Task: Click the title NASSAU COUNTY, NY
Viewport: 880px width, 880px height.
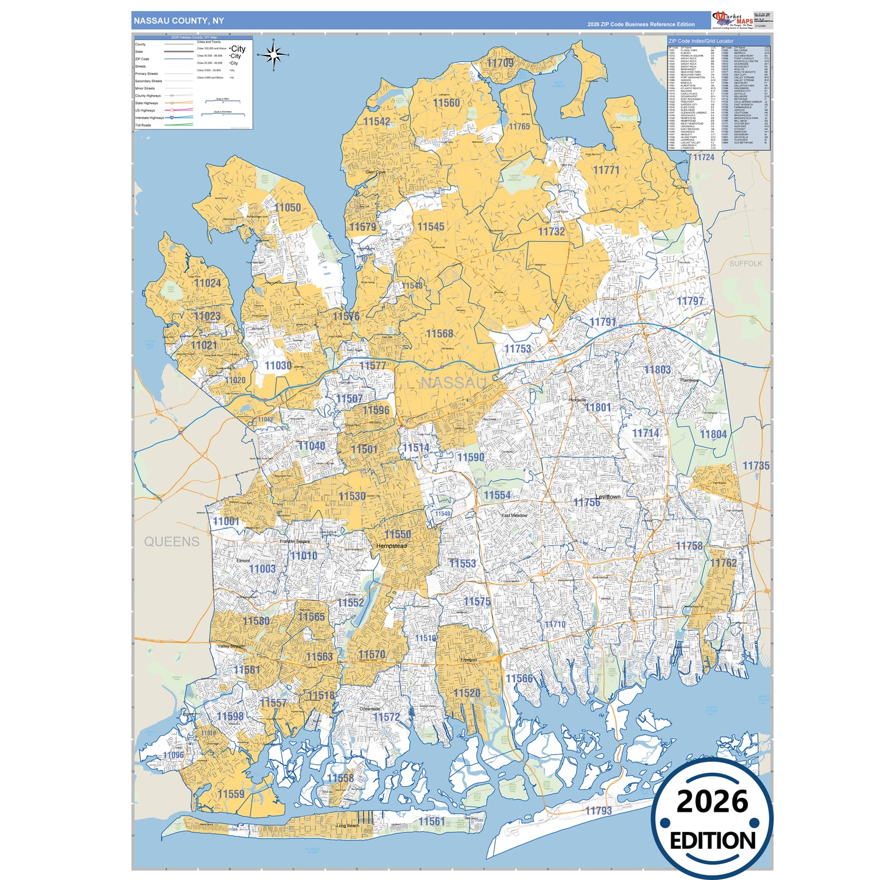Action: coord(178,21)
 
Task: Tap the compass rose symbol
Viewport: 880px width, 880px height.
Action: coord(273,55)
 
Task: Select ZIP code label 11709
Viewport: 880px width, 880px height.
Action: coord(500,63)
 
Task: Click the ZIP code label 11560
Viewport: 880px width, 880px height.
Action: coord(446,103)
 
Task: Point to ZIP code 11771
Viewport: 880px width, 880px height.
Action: coord(606,170)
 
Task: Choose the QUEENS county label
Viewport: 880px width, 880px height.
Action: coord(172,541)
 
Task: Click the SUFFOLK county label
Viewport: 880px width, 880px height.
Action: coord(745,264)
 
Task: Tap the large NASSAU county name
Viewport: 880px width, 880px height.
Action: coord(454,382)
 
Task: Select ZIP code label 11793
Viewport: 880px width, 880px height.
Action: coord(598,811)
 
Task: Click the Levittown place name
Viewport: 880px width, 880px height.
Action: coord(608,497)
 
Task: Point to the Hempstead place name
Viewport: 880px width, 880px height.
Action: coord(392,546)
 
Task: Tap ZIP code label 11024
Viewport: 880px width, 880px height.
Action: coord(208,283)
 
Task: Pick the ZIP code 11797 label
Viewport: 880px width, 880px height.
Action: coord(690,301)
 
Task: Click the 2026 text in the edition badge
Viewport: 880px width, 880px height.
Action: coord(712,802)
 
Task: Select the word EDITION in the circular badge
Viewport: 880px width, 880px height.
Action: coord(712,841)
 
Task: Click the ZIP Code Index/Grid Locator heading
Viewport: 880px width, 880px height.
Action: coord(701,41)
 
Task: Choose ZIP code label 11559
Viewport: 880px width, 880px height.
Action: coord(231,794)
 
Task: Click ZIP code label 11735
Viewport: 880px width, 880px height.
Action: coord(756,466)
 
